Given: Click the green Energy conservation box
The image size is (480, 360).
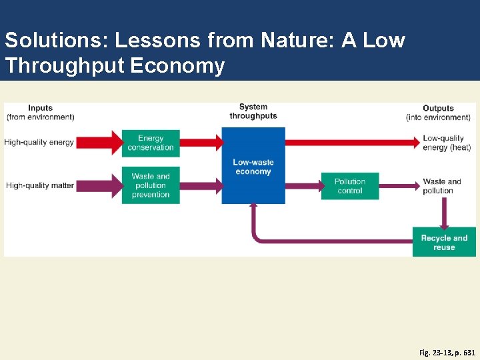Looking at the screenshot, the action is (151, 143).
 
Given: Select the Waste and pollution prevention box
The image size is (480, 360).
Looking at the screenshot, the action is (151, 185).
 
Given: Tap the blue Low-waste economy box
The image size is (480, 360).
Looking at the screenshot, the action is (253, 166).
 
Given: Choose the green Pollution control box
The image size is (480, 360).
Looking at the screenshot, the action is (349, 186).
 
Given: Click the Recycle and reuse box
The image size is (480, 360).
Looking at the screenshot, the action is (444, 242).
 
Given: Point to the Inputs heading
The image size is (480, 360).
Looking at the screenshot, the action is (40, 108).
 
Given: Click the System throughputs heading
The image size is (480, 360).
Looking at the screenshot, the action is (253, 111).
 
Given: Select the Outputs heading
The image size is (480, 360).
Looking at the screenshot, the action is (438, 108).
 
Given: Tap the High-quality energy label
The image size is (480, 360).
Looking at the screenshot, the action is (39, 142).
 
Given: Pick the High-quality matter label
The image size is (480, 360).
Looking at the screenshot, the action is (40, 185).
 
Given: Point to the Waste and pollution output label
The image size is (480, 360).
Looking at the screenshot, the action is (441, 185).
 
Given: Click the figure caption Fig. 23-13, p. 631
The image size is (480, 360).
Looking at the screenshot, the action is (447, 351).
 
